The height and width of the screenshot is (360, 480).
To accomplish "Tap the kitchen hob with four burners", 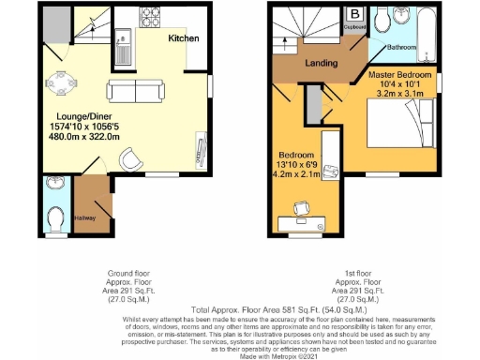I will [x=151, y=19].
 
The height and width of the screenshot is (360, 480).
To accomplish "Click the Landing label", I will [x=322, y=63].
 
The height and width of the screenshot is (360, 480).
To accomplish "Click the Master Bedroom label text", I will [x=399, y=74].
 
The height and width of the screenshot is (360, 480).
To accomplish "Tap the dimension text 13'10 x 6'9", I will [x=298, y=163].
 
